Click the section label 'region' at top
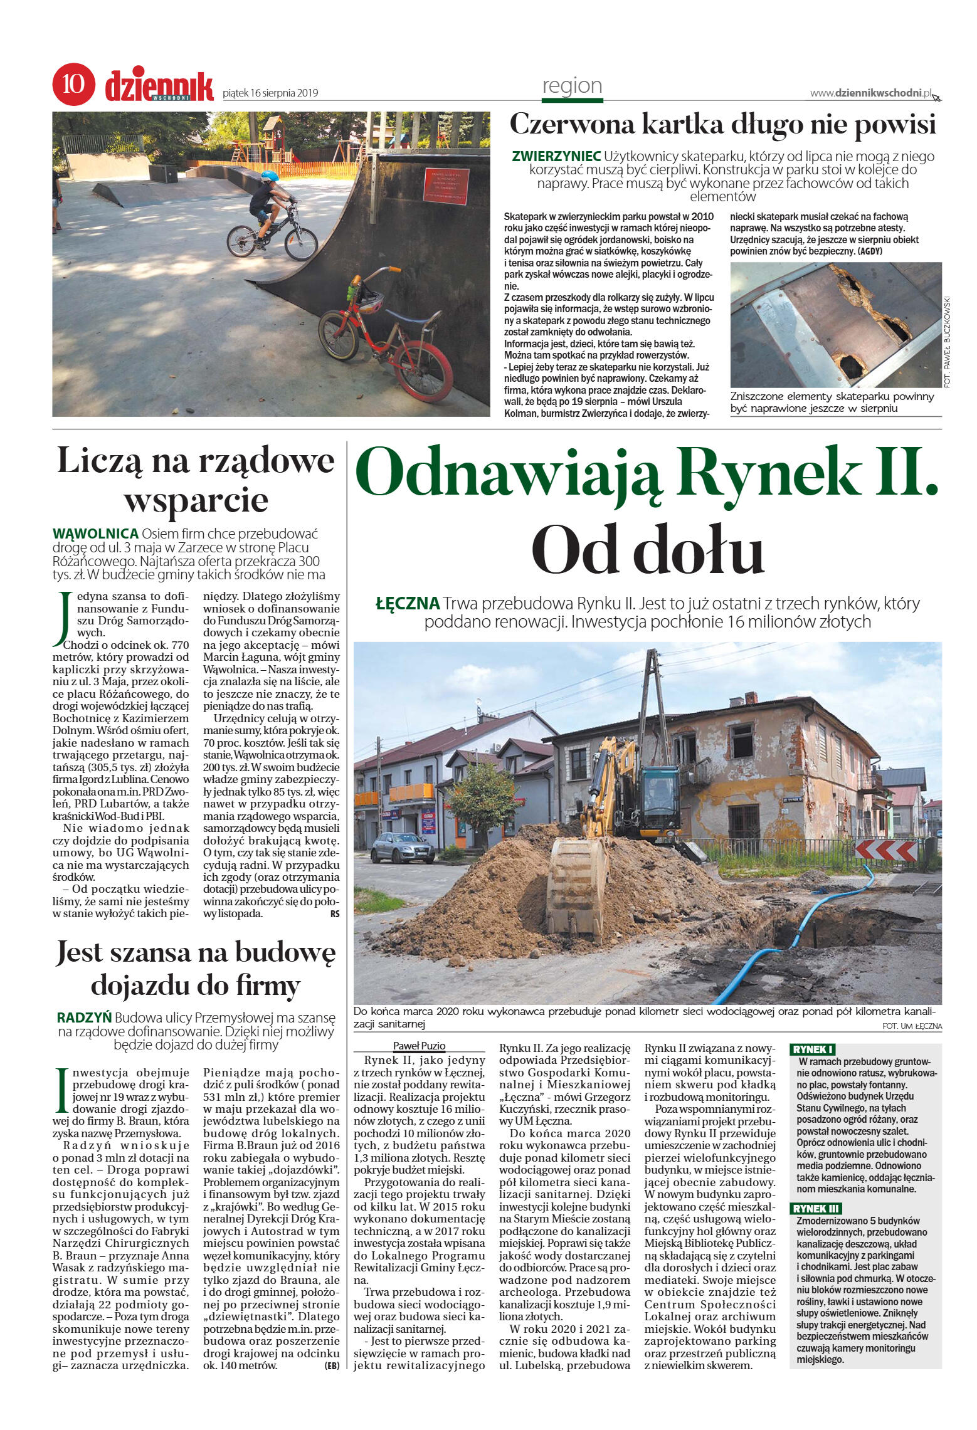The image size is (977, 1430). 571,85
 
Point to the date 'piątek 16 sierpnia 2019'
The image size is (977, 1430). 270,93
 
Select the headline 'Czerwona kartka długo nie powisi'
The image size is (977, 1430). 722,125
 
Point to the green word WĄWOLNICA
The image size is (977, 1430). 95,534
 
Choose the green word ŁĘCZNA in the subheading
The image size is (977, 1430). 407,604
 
